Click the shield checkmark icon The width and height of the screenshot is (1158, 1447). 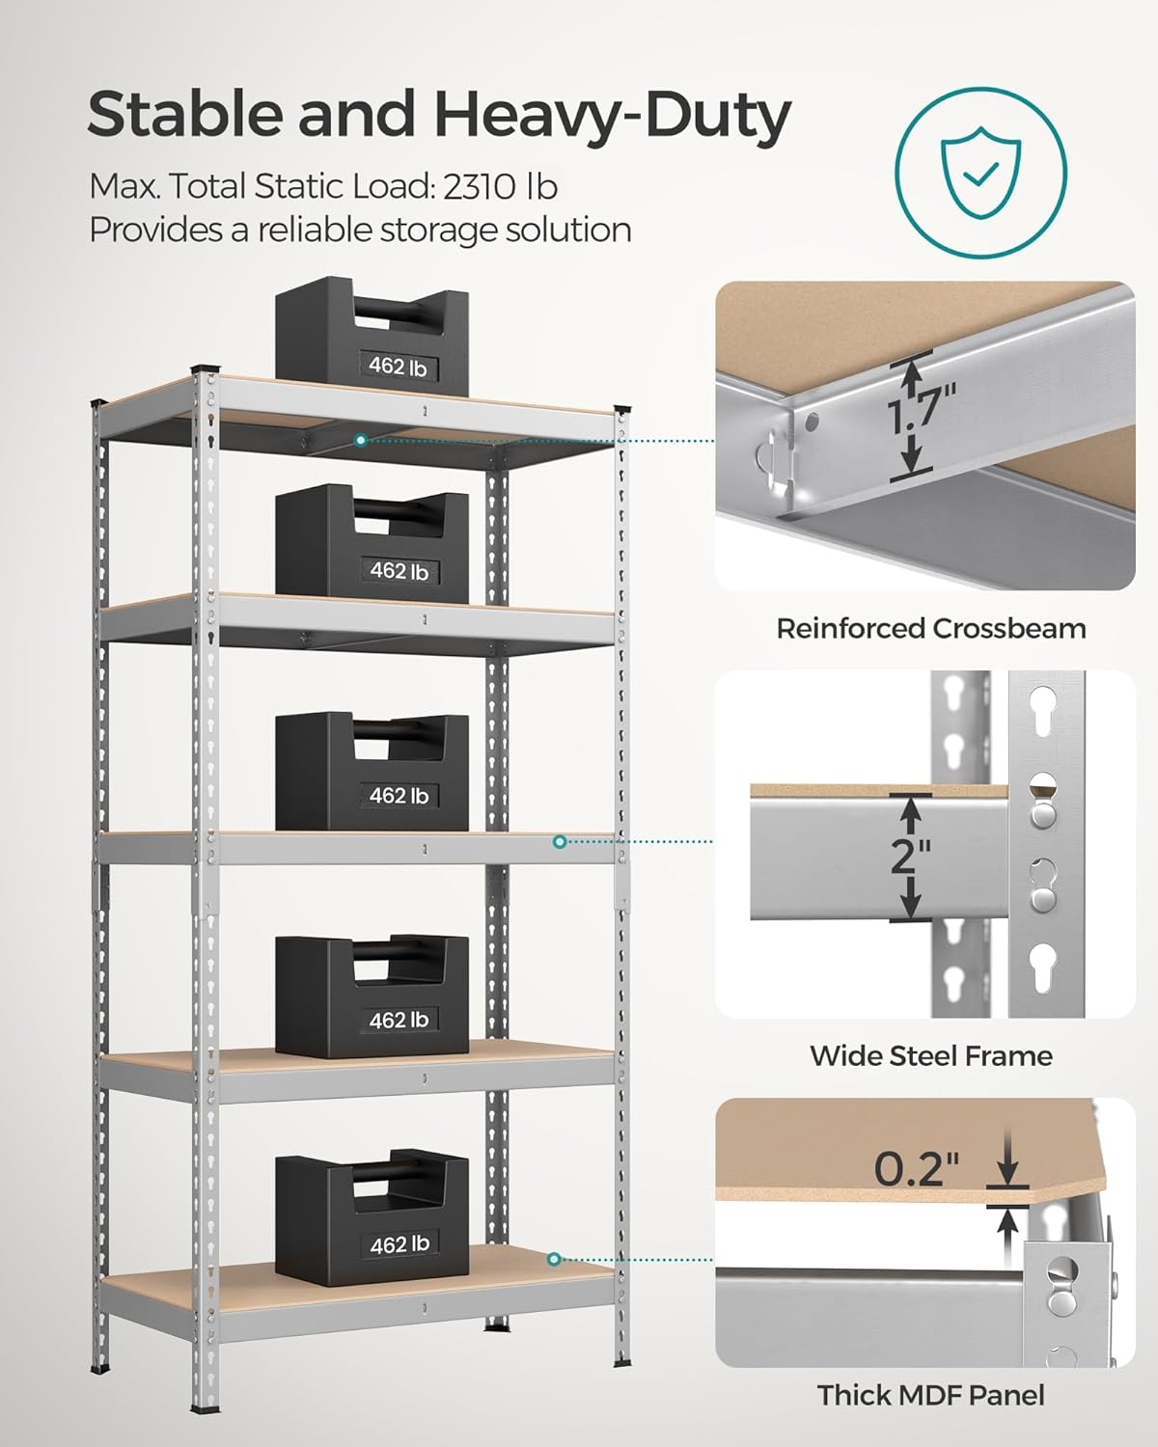tap(980, 174)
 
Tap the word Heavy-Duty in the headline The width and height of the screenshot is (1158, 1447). tap(612, 116)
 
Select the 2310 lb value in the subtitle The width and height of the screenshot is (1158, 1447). tap(500, 186)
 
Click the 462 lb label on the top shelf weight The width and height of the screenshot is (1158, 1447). tap(398, 366)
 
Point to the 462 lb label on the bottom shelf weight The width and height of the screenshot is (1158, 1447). tap(399, 1244)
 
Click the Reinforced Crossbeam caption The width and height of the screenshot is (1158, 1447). tap(930, 629)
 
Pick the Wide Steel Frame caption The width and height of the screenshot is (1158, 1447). tap(930, 1055)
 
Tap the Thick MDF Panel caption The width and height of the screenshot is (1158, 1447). tap(930, 1395)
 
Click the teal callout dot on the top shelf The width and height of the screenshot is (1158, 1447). tap(360, 440)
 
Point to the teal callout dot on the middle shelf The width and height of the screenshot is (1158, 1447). tap(560, 841)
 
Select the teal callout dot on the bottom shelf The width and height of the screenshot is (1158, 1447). tap(554, 1259)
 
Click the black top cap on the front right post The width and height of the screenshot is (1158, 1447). tap(622, 410)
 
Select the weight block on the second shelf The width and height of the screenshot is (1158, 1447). tap(372, 542)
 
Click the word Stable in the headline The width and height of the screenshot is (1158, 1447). tap(184, 116)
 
